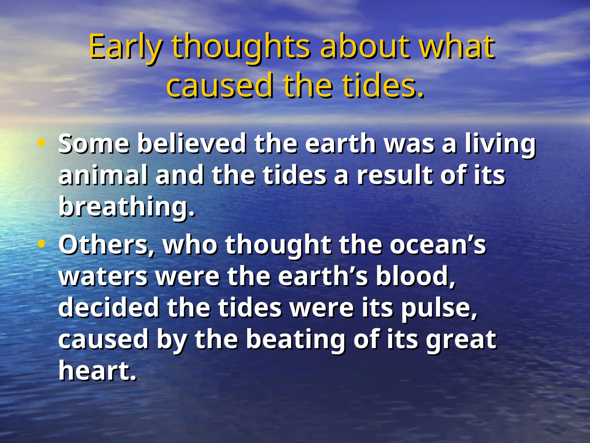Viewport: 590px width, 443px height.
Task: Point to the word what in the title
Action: pos(457,46)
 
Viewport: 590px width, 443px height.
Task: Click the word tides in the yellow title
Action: pos(383,85)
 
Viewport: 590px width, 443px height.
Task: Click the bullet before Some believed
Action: pos(41,142)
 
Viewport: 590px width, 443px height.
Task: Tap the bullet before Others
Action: pos(41,244)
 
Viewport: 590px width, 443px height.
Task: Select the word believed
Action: pos(192,143)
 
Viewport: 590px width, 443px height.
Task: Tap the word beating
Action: pos(296,340)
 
